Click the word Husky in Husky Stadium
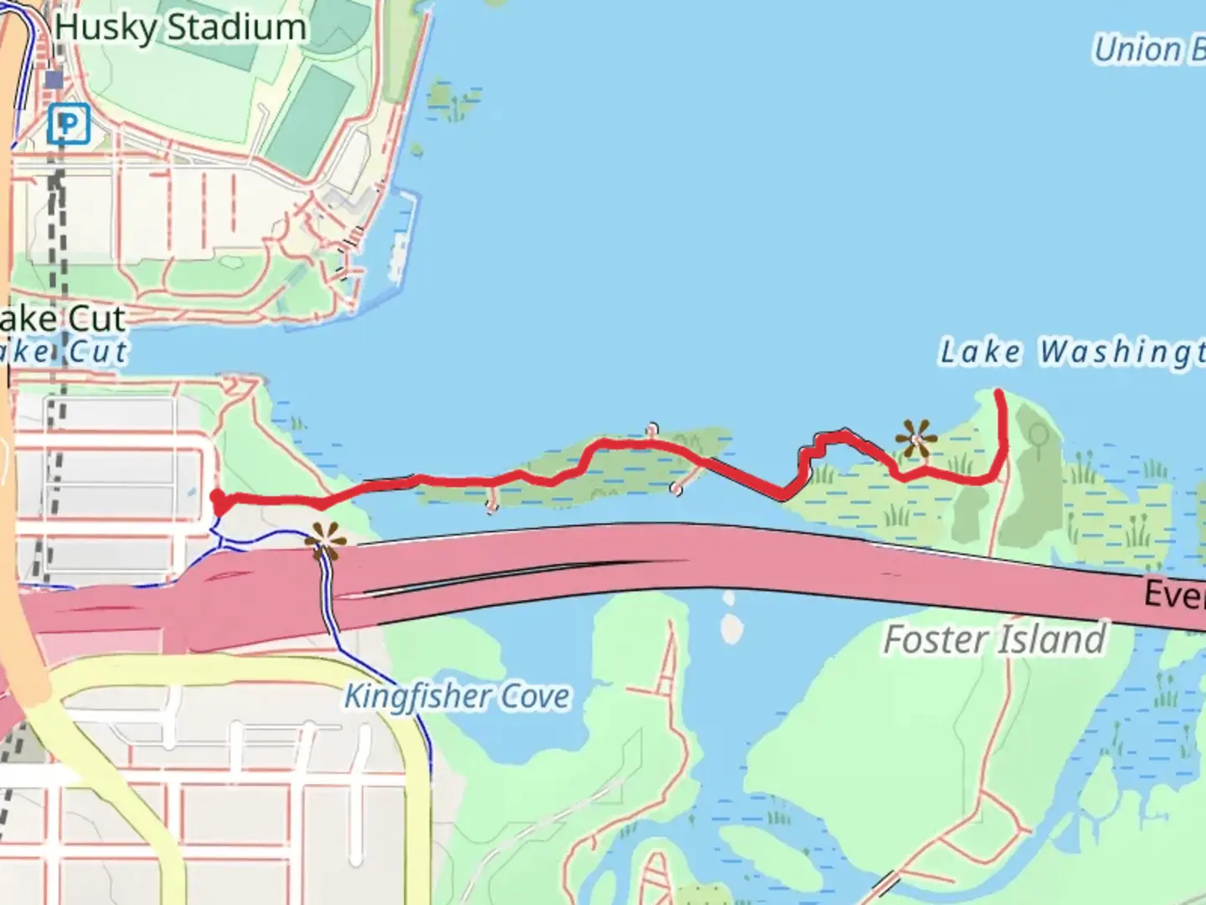106,28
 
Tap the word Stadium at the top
237,28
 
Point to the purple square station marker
54,80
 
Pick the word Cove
535,696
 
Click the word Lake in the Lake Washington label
981,352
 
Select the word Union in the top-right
1137,50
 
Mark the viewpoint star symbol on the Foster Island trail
915,439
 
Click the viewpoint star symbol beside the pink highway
324,541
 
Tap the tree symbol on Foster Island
1038,437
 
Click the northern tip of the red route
999,392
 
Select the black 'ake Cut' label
63,318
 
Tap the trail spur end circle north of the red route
652,430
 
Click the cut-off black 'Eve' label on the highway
1176,595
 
